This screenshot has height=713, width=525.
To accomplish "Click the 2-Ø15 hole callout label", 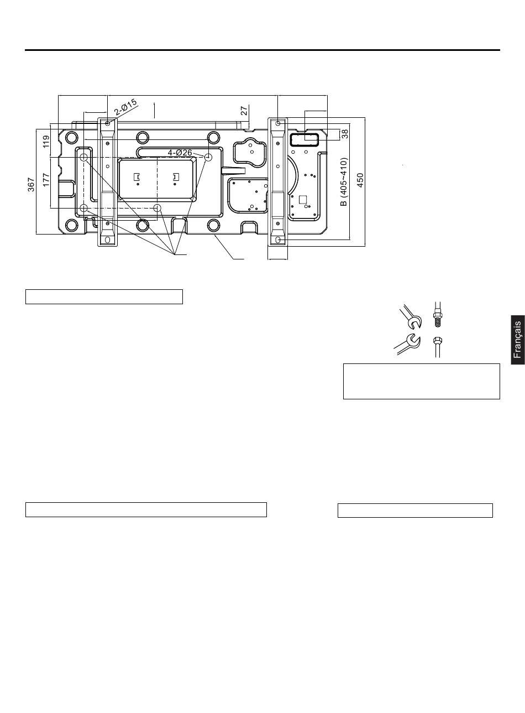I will point(126,107).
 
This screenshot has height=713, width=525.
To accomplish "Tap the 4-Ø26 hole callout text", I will point(180,152).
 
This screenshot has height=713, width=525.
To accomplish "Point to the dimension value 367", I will point(32,184).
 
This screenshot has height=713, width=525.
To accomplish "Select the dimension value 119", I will point(46,142).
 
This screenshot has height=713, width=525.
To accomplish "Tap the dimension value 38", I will point(345,133).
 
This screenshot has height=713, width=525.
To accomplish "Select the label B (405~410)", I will point(344,181).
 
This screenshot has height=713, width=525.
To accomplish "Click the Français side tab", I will point(517,340).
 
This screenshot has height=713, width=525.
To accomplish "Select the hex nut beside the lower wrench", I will point(437,341).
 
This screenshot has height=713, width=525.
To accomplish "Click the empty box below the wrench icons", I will point(421,381).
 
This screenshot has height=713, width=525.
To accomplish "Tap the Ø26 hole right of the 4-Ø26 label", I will point(208,158).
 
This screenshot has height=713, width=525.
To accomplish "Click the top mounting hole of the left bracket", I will point(107,122).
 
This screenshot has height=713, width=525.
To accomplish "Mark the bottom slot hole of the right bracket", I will point(278,240).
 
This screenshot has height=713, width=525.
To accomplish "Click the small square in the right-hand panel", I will point(302,199).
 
